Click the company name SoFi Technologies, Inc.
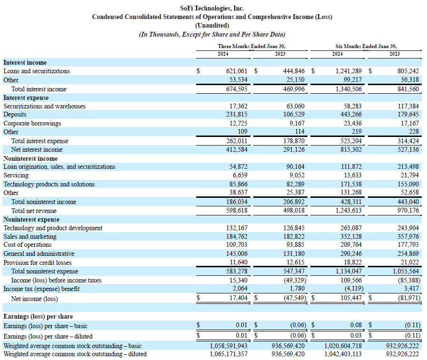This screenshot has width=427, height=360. pos(212,8)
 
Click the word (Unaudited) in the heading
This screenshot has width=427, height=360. pos(212,25)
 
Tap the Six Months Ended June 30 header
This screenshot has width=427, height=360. pos(366,46)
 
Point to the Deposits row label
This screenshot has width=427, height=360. pos(15,115)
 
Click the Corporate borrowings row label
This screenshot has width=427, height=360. pos(32,123)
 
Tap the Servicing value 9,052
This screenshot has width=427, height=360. pos(296,175)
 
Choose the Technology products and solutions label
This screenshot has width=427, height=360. pos(49,184)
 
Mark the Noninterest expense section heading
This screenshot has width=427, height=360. pos(31,219)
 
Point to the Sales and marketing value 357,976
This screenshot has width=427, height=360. pos(408,236)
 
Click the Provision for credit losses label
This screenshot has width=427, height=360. pos(38,263)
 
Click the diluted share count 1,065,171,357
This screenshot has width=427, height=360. pos(229,354)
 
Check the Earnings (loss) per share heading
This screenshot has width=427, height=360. pos(38,316)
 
